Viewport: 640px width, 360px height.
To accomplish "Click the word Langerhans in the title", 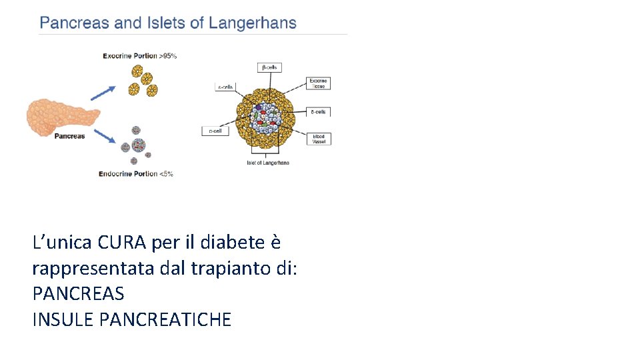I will click(x=253, y=23).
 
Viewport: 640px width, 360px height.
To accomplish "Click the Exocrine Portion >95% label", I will click(x=139, y=56).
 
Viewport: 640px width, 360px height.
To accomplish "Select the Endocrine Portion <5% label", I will click(x=136, y=174).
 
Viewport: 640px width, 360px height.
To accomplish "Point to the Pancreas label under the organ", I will click(x=69, y=136).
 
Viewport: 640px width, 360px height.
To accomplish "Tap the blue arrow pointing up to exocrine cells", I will click(x=103, y=93).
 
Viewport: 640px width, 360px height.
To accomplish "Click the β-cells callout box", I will click(x=270, y=67).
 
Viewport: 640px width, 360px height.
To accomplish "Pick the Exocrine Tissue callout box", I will click(x=319, y=83).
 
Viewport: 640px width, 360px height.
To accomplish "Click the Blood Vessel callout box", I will click(x=319, y=139).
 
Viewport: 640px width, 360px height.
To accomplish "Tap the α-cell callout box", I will click(x=215, y=131).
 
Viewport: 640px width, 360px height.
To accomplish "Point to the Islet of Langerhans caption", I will click(x=268, y=163).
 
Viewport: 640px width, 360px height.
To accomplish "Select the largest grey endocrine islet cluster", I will click(x=139, y=145).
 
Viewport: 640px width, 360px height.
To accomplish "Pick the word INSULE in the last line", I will click(x=63, y=319).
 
